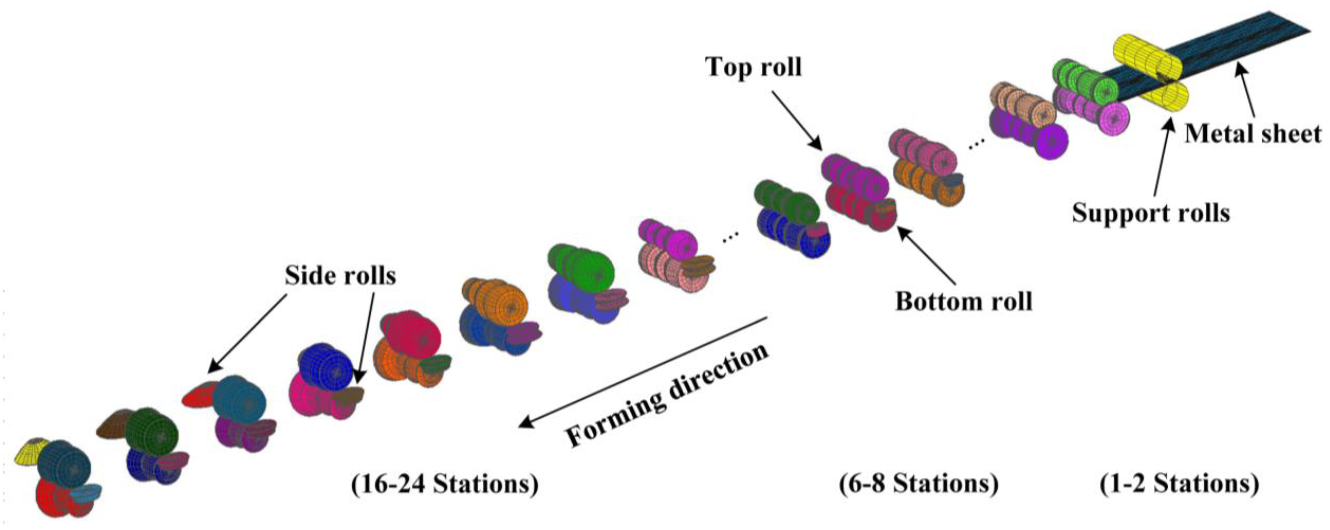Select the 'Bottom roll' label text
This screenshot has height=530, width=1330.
click(963, 301)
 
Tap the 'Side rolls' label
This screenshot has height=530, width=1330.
click(340, 276)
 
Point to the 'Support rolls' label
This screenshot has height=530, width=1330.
click(1151, 212)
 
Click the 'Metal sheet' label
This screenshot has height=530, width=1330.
click(1253, 134)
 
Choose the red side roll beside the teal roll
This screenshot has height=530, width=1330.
click(199, 395)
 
